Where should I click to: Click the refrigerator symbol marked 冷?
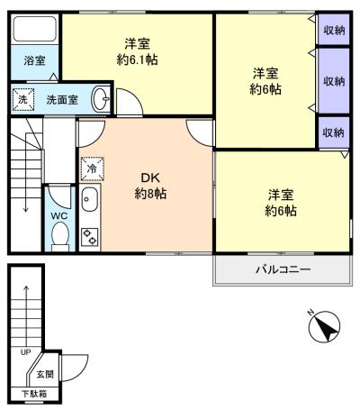tap(91, 167)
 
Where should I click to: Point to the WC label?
tap(59, 216)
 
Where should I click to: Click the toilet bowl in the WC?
tap(60, 235)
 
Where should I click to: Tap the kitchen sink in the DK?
tap(90, 200)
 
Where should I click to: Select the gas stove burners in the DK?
tap(90, 237)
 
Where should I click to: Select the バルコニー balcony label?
tap(281, 269)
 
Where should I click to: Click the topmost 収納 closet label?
tap(334, 31)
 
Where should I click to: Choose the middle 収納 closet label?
tap(334, 81)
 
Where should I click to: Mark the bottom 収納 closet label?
tap(334, 132)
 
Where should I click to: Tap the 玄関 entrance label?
tap(44, 374)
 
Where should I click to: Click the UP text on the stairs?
tap(25, 352)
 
